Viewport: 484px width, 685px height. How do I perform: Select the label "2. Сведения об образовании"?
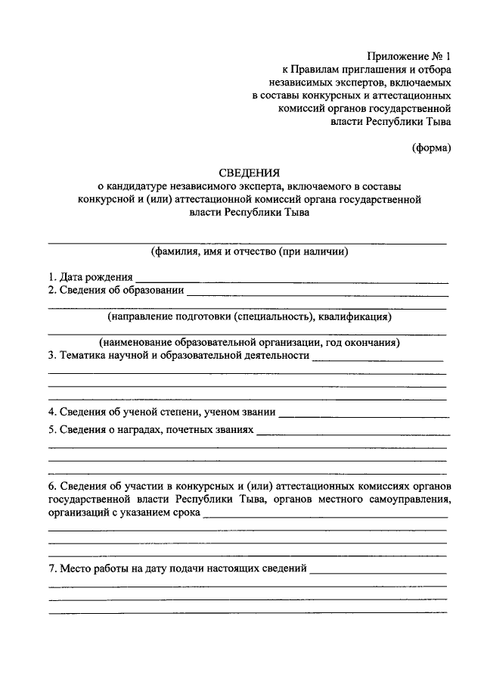pos(115,289)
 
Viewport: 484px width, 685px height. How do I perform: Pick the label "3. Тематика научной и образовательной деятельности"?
pos(178,355)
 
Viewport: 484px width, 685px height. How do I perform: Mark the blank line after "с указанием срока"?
pos(325,515)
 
